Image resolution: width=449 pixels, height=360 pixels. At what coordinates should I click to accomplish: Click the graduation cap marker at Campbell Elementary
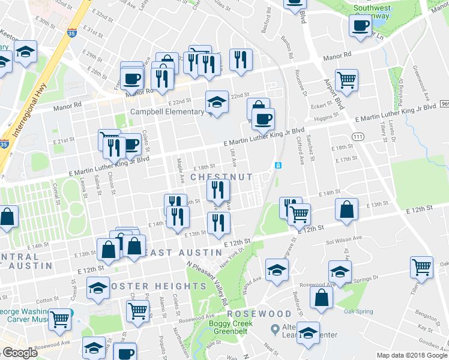coord(217,102)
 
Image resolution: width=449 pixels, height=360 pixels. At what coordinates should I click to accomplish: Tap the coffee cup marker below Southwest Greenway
coord(361,26)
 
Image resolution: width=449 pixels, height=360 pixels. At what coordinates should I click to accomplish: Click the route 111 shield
coord(358,137)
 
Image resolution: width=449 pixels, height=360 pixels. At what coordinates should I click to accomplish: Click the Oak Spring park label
coord(358,311)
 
